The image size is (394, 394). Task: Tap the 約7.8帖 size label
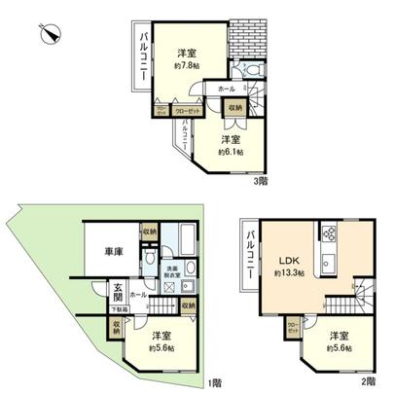pos(187,67)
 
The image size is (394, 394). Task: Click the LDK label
pos(288,261)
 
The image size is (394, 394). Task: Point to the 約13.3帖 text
pos(289,274)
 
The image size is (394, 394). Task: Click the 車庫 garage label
pos(114,253)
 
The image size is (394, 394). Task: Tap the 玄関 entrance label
pos(117,291)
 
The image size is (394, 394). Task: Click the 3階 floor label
pos(260,180)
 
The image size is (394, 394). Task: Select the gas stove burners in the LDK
pos(327,233)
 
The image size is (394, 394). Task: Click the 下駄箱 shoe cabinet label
pos(115,309)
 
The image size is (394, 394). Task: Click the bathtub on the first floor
pos(181,240)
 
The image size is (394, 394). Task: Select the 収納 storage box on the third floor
pos(236,107)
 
